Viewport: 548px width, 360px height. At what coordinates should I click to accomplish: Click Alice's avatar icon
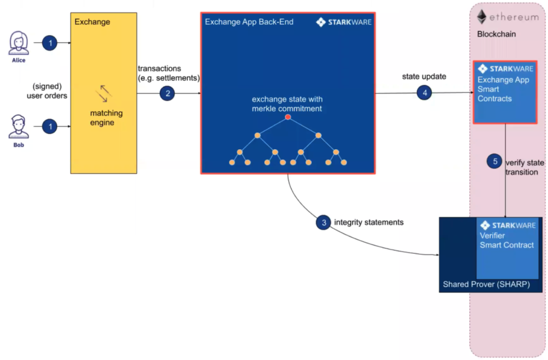(x=18, y=43)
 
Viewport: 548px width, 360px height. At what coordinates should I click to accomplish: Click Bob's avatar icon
(x=18, y=127)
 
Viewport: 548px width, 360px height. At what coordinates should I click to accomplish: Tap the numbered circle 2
(x=167, y=93)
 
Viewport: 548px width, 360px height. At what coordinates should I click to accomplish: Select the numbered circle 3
(x=323, y=222)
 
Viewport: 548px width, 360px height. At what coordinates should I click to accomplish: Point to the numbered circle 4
(x=424, y=92)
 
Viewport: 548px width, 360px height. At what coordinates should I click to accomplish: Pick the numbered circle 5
(x=495, y=162)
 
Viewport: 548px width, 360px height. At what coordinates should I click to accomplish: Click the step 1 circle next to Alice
(x=50, y=43)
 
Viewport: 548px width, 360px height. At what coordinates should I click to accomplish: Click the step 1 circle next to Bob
(x=50, y=126)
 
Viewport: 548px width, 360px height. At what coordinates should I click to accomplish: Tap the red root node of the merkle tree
(x=288, y=117)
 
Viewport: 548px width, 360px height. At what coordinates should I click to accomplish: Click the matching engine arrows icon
(x=104, y=93)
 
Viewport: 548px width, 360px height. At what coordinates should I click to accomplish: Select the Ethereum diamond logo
(x=482, y=17)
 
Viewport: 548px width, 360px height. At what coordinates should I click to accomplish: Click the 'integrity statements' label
(x=369, y=222)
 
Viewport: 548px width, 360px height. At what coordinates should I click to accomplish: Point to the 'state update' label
(x=424, y=77)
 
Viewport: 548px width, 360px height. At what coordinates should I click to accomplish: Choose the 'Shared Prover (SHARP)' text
(x=486, y=284)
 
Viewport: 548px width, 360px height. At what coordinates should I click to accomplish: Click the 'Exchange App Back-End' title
(x=249, y=22)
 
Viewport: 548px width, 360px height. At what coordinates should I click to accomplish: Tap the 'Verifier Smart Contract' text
(x=506, y=240)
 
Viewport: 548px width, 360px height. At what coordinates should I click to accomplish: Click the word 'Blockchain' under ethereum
(x=496, y=34)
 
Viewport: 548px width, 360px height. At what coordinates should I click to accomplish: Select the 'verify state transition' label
(x=524, y=168)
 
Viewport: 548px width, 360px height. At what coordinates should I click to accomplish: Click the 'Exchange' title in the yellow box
(x=92, y=22)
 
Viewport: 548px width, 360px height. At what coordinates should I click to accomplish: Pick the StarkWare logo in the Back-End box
(x=344, y=22)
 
